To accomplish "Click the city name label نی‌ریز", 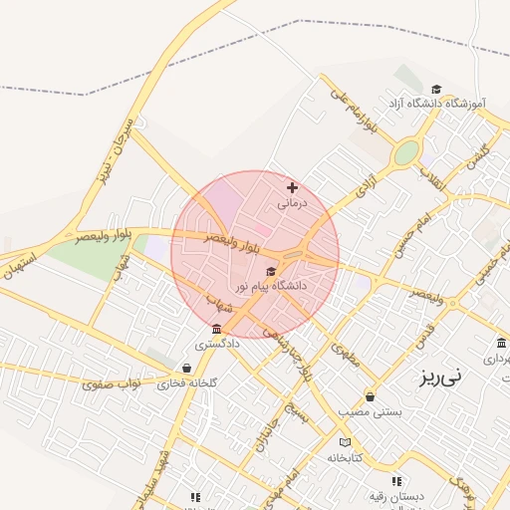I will [439, 378].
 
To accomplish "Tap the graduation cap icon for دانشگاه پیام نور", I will [271, 271].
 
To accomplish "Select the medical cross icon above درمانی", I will [292, 187].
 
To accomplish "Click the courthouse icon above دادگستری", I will [216, 329].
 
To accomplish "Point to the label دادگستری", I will [217, 344].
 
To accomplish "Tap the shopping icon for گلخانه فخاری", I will [188, 368].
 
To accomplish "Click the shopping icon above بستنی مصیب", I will [371, 396].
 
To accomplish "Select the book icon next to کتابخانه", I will [345, 442].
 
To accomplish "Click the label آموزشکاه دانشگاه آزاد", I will [437, 103].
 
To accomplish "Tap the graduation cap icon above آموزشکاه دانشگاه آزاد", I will [435, 89].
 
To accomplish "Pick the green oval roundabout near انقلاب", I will [405, 153].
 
